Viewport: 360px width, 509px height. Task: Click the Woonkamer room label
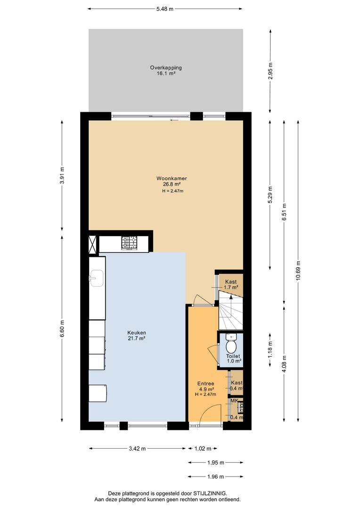point(172,178)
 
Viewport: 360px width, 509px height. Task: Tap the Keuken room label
point(137,332)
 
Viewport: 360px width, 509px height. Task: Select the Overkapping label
point(165,67)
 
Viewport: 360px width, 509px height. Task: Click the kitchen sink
point(97,278)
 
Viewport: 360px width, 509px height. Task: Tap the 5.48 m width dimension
point(165,9)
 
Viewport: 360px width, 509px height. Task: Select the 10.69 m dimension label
point(298,272)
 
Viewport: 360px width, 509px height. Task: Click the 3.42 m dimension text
point(137,449)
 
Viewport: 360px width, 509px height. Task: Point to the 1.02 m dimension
point(203,449)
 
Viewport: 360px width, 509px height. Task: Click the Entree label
point(206,383)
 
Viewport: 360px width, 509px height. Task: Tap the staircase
point(231,310)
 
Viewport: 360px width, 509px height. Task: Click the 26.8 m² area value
point(172,184)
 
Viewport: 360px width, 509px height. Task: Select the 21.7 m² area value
point(137,338)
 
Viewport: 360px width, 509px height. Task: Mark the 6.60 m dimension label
point(62,329)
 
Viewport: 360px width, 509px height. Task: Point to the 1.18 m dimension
point(270,350)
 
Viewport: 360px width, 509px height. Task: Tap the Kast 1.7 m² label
point(231,284)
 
